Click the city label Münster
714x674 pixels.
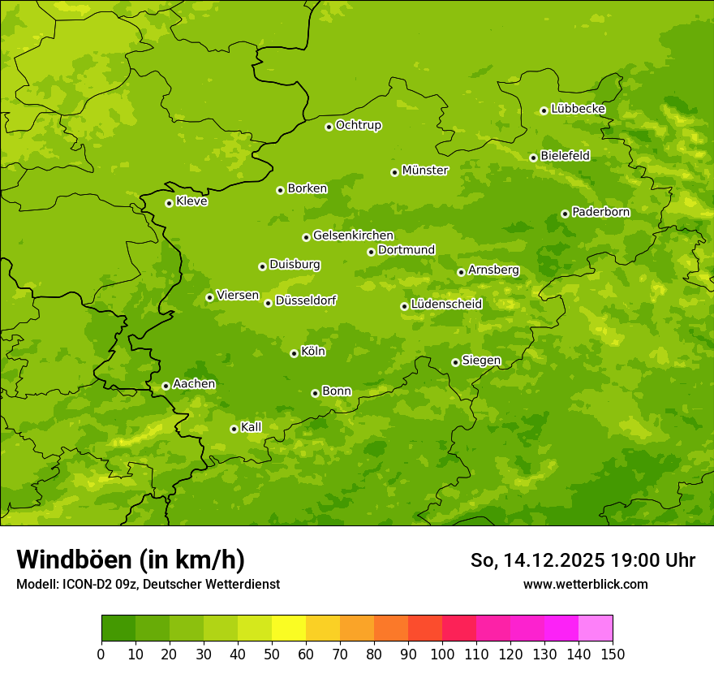pos(425,171)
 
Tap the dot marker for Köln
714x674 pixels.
pos(294,353)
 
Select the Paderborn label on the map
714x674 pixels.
pos(601,212)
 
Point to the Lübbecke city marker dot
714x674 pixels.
pos(544,110)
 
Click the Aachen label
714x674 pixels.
pos(194,384)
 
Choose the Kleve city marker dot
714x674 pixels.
pos(169,203)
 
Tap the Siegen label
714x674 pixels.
pos(481,361)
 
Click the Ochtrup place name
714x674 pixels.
pos(359,125)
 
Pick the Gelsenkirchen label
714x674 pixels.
pos(353,235)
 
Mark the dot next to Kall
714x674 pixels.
pos(234,429)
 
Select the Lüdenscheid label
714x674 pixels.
pos(446,305)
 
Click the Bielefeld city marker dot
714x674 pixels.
pos(533,158)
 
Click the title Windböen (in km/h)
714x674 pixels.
pos(131,560)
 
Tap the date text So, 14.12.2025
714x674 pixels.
pos(535,560)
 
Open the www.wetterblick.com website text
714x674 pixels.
pos(585,584)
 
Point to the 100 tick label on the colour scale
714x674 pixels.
pos(442,654)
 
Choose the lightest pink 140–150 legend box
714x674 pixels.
pos(596,629)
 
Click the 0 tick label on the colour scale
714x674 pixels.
pos(101,654)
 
